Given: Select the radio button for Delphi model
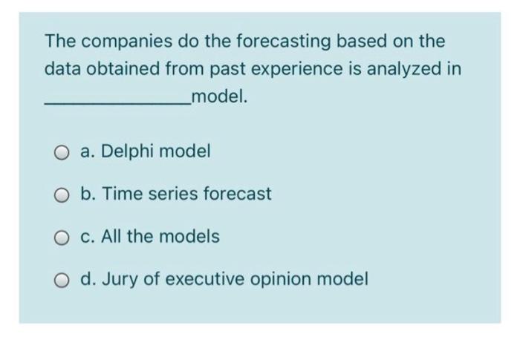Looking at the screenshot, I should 62,152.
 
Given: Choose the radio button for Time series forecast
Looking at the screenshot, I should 62,195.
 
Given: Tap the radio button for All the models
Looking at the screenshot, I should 62,238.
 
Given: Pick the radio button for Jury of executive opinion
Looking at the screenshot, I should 62,280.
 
